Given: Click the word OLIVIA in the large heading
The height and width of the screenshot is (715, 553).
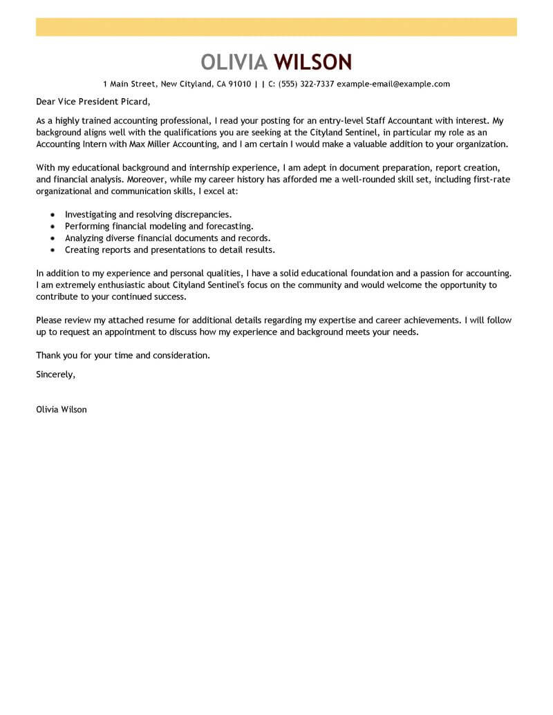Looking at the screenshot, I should click(234, 62).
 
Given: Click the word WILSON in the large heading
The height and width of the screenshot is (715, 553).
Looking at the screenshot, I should click(312, 62).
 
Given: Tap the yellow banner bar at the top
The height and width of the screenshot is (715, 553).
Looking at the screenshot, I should click(276, 27).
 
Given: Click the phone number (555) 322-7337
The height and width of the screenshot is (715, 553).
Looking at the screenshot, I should click(306, 84).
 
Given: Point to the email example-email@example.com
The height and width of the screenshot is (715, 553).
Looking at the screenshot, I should click(393, 84).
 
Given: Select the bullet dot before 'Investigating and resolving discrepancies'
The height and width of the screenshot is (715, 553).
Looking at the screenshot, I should click(53, 215).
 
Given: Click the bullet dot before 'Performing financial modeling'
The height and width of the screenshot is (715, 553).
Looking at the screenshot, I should click(53, 226).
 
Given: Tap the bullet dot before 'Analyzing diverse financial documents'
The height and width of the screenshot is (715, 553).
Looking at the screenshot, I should click(53, 238).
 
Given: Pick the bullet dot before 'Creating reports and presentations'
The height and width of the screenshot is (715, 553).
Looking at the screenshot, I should click(53, 249).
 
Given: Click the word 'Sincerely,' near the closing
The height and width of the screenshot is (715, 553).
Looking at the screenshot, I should click(55, 374).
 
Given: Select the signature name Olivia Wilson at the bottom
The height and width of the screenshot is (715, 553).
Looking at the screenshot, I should click(62, 409).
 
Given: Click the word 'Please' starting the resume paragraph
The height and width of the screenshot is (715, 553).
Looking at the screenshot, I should click(49, 320).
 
